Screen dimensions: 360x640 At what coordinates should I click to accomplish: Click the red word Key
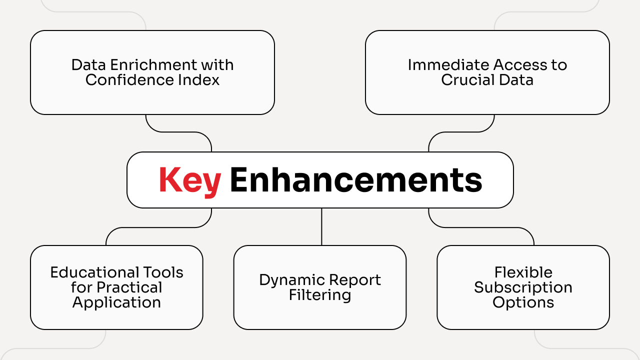point(189,180)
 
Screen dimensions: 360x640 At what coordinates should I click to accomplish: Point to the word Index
point(200,80)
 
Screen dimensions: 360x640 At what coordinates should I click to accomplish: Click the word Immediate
point(448,65)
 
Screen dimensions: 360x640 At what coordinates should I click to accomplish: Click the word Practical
point(130,287)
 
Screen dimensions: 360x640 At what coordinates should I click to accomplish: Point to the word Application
point(116,302)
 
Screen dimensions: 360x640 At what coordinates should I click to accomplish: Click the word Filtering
point(320,295)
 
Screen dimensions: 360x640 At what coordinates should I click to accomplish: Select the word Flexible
point(523,272)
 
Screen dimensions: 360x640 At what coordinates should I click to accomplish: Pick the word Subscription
point(523,287)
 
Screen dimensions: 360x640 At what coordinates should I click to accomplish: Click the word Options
point(523,302)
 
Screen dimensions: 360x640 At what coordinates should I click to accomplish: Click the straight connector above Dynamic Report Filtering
point(321,226)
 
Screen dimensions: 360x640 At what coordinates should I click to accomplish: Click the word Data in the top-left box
point(87,65)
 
